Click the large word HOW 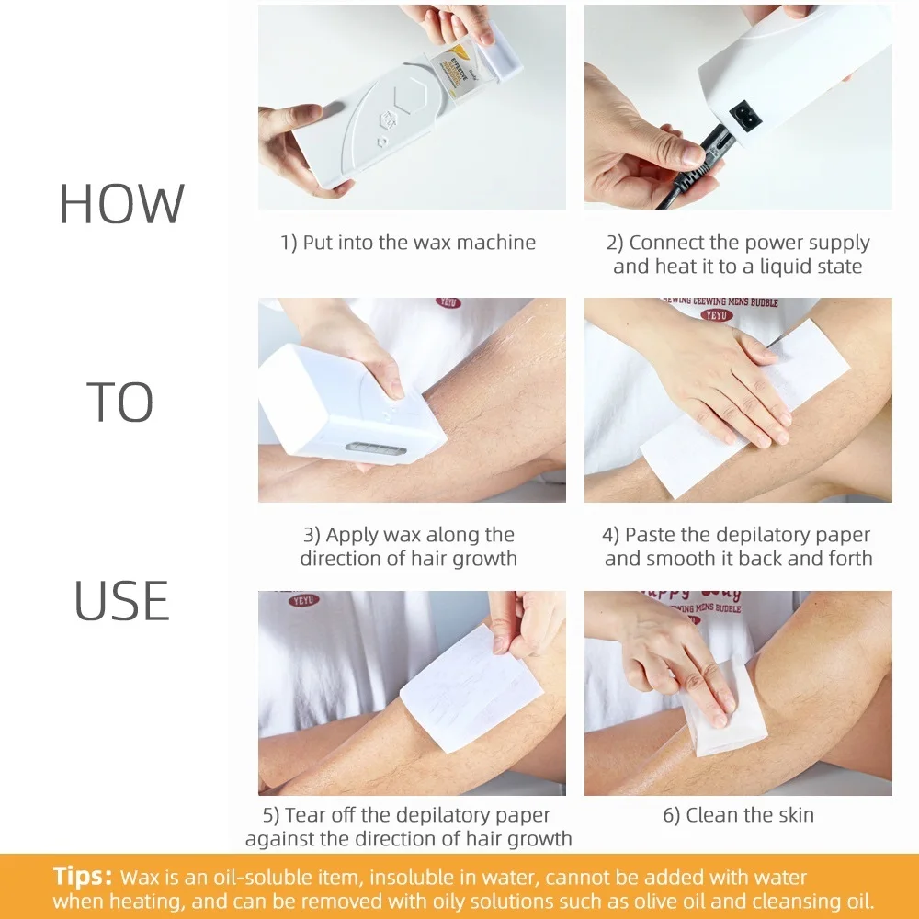tap(121, 204)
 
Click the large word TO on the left tap(120, 403)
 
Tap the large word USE tap(121, 601)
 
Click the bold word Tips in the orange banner tap(83, 876)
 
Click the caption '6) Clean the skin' tap(738, 814)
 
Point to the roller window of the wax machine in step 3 tap(373, 451)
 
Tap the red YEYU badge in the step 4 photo tap(719, 315)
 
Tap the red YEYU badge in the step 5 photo tap(304, 601)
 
